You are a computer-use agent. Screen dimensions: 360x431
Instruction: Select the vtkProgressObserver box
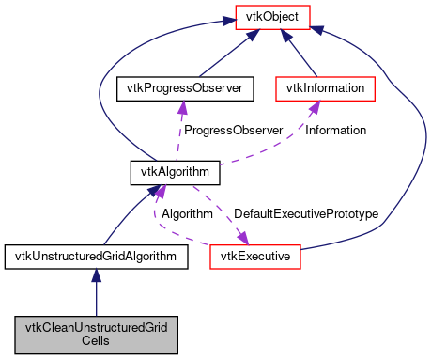[x=178, y=88]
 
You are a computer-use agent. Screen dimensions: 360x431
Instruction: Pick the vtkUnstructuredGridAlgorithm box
[x=96, y=256]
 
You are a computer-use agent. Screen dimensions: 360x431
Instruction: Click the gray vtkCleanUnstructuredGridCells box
[x=96, y=335]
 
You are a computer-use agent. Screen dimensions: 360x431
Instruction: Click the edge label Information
[x=335, y=130]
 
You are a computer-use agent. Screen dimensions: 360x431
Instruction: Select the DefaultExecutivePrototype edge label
[x=305, y=214]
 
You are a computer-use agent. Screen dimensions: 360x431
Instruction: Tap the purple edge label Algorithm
[x=187, y=214]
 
